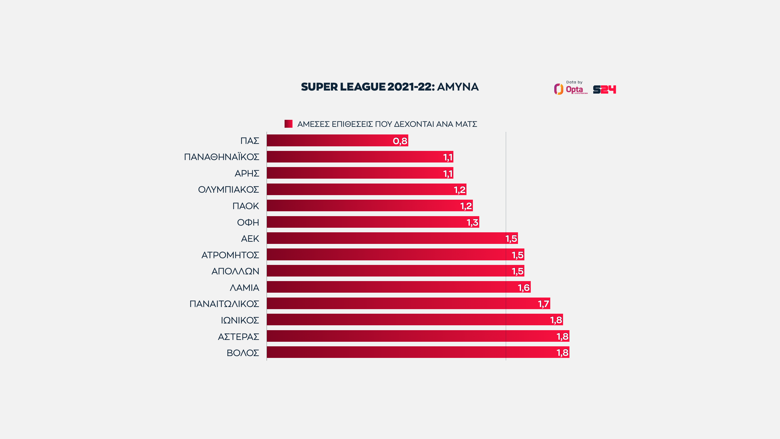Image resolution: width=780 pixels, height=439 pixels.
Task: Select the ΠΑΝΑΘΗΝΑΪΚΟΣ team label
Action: [222, 157]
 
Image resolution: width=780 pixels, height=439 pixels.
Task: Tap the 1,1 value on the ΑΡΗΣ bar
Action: [448, 173]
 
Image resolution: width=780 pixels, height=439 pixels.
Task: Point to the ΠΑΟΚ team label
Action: [246, 206]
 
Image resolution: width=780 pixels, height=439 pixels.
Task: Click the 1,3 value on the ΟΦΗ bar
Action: [473, 223]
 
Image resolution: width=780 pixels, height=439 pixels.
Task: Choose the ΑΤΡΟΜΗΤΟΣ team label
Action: [230, 255]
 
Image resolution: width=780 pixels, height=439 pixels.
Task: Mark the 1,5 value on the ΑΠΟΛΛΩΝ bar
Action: [517, 271]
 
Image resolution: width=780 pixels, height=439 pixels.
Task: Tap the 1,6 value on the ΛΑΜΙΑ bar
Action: [524, 287]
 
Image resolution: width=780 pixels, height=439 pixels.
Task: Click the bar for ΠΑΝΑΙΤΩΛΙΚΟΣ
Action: [402, 304]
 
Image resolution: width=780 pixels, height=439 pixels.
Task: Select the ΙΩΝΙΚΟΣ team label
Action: [240, 320]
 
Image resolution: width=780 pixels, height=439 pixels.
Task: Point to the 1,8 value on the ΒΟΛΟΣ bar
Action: [562, 353]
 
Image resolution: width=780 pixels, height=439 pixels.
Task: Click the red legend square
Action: [288, 124]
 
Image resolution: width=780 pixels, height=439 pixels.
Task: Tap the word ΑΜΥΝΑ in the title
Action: [458, 87]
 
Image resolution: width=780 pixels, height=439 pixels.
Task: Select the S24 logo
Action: [604, 90]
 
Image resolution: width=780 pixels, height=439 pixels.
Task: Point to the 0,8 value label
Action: [400, 141]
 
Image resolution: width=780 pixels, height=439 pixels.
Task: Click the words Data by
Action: [574, 82]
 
